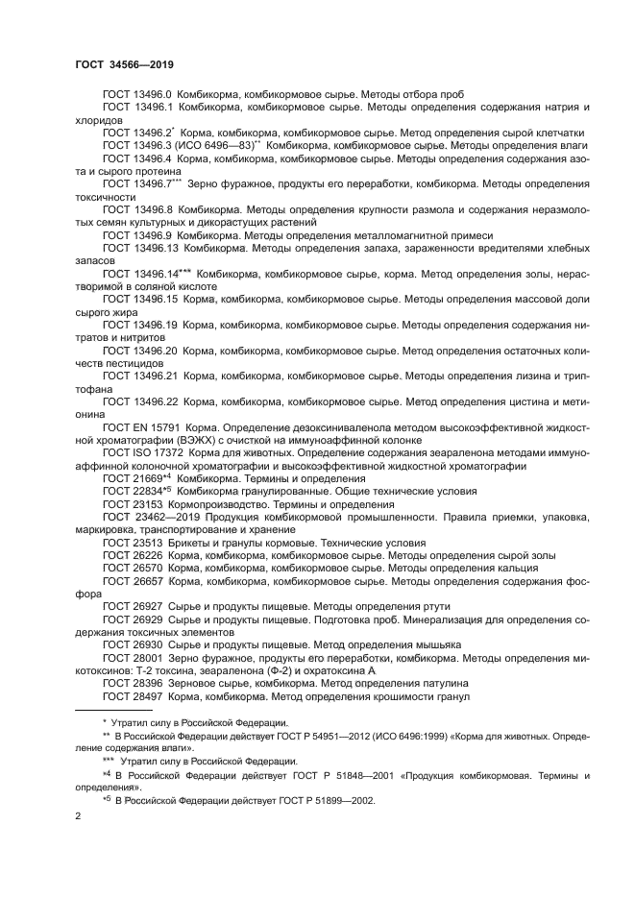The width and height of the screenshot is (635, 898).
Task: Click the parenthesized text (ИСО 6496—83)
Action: click(218, 144)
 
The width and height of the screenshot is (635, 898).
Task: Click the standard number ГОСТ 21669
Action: click(129, 477)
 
